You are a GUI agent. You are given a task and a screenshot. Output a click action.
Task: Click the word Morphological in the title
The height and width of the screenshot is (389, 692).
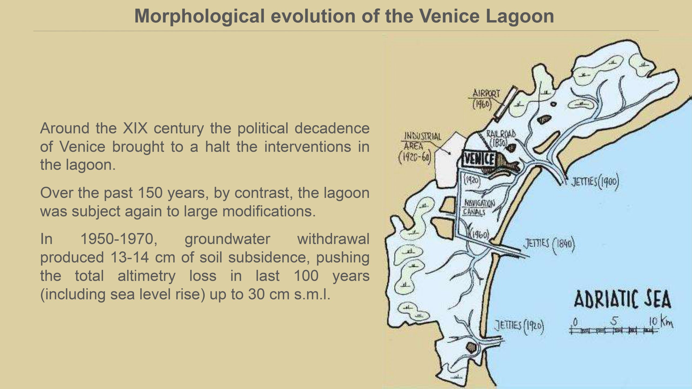coord(199,16)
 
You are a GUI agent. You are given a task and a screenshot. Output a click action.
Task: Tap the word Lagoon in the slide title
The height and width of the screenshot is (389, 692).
coord(520,16)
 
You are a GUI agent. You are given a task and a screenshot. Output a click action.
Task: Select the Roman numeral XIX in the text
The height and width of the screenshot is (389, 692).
coord(135,128)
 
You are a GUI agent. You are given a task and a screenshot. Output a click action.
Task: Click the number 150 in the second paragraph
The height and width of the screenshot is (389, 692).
coord(150,193)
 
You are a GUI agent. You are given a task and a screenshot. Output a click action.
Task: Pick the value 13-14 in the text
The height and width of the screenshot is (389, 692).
coord(129,257)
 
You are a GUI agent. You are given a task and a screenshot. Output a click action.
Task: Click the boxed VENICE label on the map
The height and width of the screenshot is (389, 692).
coord(479,159)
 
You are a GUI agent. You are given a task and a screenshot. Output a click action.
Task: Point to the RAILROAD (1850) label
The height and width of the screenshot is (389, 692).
coord(501,138)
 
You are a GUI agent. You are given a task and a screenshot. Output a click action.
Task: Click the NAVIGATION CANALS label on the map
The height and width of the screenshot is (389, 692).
coord(479,207)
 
